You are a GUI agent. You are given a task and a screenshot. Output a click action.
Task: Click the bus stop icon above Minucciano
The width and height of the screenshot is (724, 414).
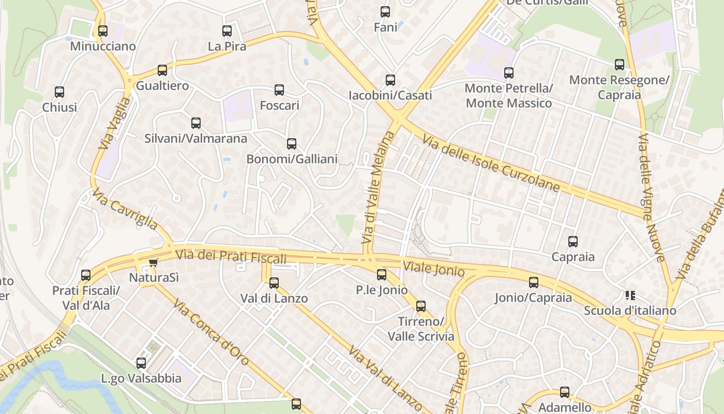click(103, 31)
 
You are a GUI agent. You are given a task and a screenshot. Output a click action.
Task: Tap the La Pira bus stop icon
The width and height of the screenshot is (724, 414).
click(227, 31)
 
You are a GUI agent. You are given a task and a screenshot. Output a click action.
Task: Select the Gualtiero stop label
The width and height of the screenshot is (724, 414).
click(162, 85)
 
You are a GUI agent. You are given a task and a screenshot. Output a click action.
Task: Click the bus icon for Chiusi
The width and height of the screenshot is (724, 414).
click(59, 92)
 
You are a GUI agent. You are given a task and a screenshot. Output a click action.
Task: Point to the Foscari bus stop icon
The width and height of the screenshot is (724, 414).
click(279, 90)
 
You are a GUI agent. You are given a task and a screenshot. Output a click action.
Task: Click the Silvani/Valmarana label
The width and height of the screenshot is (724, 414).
click(195, 139)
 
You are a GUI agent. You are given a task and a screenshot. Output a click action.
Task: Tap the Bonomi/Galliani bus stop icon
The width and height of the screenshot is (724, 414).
click(292, 144)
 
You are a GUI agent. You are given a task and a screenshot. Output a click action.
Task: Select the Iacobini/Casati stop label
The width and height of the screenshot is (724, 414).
click(390, 96)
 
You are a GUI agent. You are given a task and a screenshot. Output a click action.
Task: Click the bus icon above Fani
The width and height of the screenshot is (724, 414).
click(385, 12)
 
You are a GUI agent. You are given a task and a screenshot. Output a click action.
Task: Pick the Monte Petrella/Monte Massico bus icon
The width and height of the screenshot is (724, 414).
click(509, 73)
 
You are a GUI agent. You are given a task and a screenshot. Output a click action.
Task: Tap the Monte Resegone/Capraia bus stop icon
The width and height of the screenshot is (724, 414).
click(620, 65)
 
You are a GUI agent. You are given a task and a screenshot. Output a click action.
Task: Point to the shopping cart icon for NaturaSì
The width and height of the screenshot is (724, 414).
click(153, 263)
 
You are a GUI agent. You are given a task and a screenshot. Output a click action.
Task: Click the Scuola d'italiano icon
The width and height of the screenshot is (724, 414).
click(630, 295)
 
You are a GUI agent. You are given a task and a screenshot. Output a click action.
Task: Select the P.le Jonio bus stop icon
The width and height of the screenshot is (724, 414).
click(382, 275)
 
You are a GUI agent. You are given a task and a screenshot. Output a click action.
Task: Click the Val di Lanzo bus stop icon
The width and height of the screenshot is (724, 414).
click(274, 283)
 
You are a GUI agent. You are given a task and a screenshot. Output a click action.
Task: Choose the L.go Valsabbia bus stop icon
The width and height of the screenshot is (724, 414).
click(141, 363)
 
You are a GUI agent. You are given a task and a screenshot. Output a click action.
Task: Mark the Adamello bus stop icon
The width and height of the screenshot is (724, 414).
click(565, 392)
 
